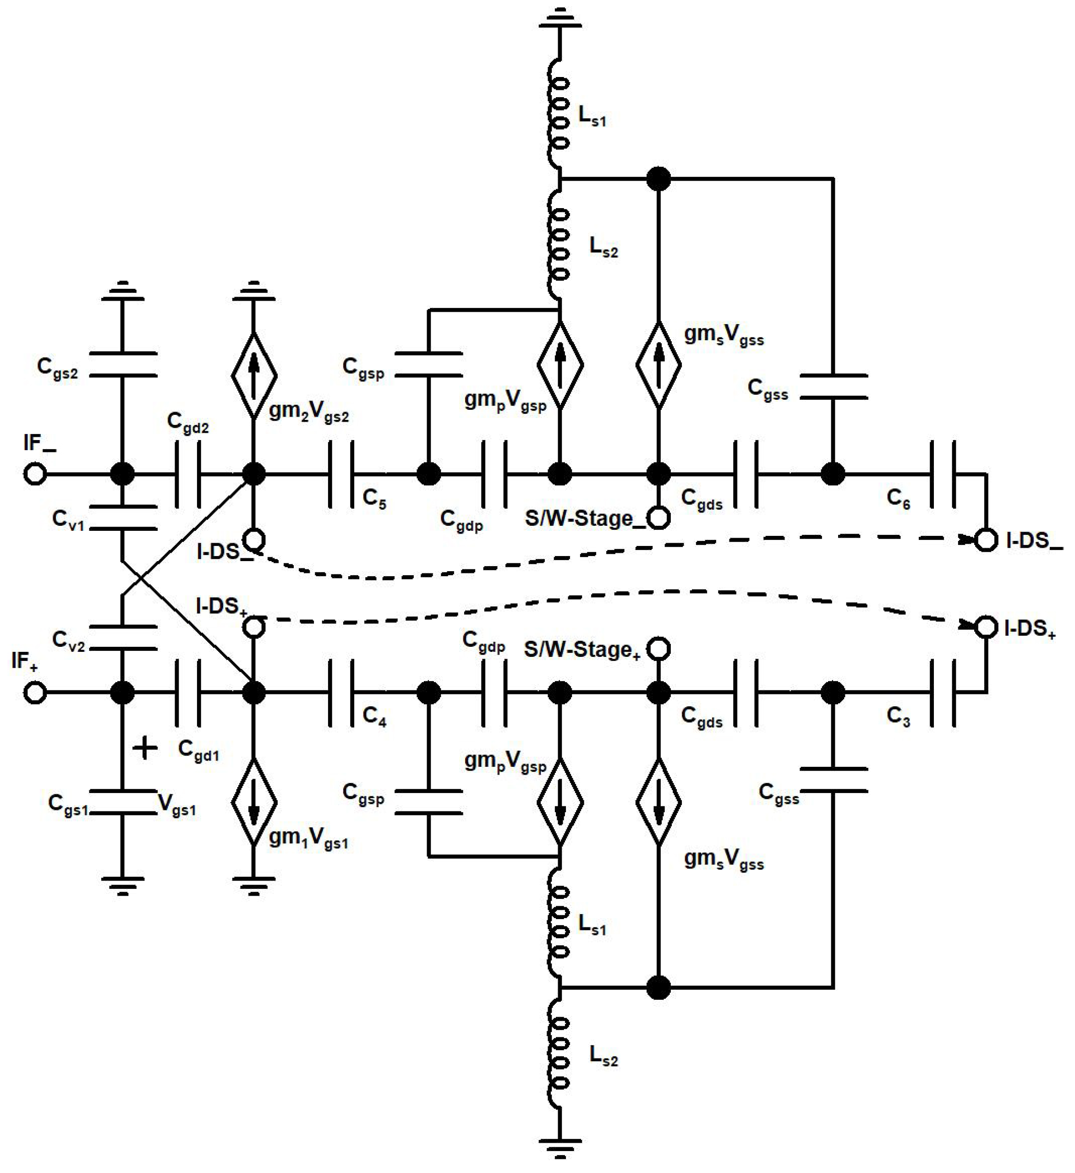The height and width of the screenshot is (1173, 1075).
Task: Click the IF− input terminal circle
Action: click(x=35, y=474)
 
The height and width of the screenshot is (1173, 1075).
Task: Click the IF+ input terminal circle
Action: click(x=35, y=693)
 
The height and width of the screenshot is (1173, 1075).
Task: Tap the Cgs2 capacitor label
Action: click(x=57, y=368)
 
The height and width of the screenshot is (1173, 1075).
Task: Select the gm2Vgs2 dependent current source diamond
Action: click(x=253, y=375)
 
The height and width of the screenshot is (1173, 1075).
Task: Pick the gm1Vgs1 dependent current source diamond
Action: click(x=253, y=802)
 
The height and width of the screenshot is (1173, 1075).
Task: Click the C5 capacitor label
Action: click(x=374, y=499)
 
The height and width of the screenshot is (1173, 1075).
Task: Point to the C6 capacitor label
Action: click(x=898, y=499)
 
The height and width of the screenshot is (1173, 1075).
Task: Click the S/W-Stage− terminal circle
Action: click(x=658, y=518)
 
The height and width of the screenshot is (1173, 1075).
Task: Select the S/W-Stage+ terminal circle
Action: click(x=658, y=648)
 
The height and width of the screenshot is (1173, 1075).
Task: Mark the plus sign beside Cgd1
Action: click(x=145, y=748)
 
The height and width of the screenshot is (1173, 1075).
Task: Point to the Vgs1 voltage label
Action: click(x=177, y=805)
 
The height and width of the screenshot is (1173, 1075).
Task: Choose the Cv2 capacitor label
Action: click(x=68, y=641)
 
